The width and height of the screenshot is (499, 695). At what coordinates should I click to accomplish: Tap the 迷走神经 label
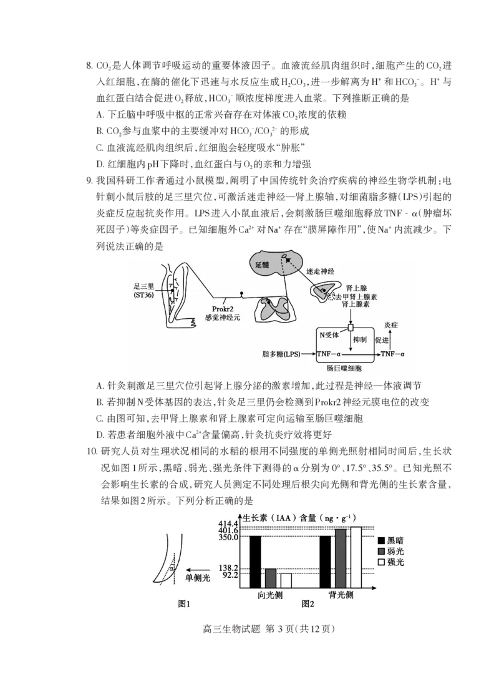tap(322, 273)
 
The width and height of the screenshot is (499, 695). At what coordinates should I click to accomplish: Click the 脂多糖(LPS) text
tap(281, 354)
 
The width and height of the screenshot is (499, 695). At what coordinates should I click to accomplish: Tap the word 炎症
tap(391, 325)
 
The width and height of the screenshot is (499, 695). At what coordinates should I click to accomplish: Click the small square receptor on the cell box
tap(351, 328)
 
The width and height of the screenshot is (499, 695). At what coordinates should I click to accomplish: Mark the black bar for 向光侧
tap(255, 561)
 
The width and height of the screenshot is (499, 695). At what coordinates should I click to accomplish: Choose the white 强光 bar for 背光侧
tap(356, 557)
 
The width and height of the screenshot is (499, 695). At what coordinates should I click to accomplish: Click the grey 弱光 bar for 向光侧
tap(271, 578)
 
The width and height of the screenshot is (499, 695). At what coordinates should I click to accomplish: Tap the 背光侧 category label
tap(341, 595)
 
